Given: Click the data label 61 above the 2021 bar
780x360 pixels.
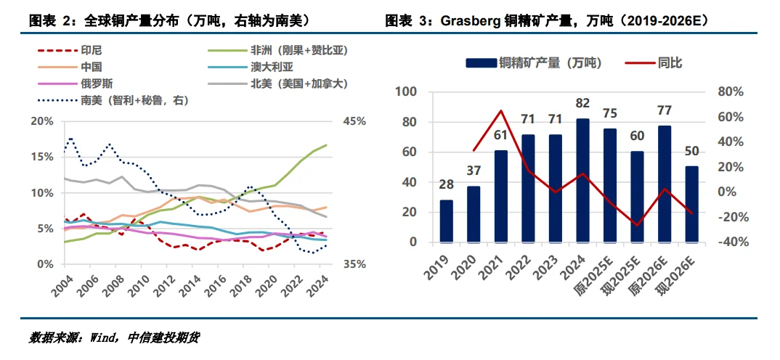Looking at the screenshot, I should click(501, 134).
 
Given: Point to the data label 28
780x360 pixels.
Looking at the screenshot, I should click(446, 184).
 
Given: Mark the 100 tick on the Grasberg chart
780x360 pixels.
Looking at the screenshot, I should click(405, 92).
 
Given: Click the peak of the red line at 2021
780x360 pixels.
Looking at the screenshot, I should click(501, 111).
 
